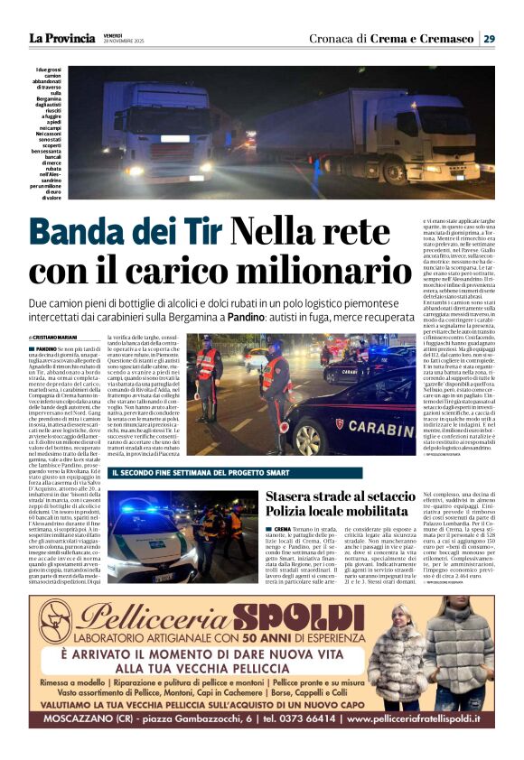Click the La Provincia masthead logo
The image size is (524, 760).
pos(61,39)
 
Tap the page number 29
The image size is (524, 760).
pos(488,39)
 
